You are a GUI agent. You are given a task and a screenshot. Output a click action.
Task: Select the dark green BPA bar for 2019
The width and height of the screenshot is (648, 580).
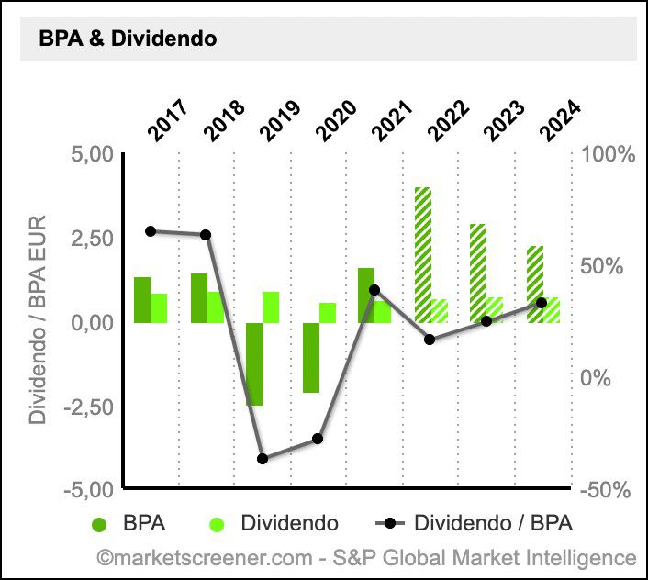click(x=254, y=363)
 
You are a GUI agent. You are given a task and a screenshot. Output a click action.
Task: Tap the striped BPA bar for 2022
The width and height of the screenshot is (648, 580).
click(x=422, y=255)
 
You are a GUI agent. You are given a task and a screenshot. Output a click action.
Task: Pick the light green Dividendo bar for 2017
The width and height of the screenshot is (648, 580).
click(x=159, y=308)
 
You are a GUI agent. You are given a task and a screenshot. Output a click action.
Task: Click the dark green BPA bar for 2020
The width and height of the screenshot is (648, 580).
click(x=311, y=357)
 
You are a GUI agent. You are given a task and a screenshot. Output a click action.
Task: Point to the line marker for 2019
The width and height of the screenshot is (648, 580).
click(x=262, y=459)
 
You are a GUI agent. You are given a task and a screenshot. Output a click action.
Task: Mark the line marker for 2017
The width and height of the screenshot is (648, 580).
click(x=151, y=231)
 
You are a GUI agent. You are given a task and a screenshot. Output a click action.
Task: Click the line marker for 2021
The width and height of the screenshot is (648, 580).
click(x=374, y=290)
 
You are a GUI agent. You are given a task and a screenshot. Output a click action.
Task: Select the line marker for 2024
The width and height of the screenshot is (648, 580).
click(x=542, y=303)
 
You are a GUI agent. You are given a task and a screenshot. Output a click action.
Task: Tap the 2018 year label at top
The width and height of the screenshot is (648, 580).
click(x=224, y=119)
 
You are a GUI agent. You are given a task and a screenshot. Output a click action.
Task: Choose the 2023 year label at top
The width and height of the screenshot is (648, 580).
click(x=504, y=119)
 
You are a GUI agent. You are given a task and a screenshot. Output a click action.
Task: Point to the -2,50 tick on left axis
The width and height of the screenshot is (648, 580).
click(x=88, y=407)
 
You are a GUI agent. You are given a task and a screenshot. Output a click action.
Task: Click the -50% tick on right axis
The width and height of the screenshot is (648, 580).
click(x=607, y=490)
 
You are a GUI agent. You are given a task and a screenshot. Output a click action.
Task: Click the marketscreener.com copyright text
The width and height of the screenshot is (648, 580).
click(x=366, y=557)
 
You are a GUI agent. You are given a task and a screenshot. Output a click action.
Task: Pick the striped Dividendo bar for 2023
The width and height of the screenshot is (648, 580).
click(x=495, y=309)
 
